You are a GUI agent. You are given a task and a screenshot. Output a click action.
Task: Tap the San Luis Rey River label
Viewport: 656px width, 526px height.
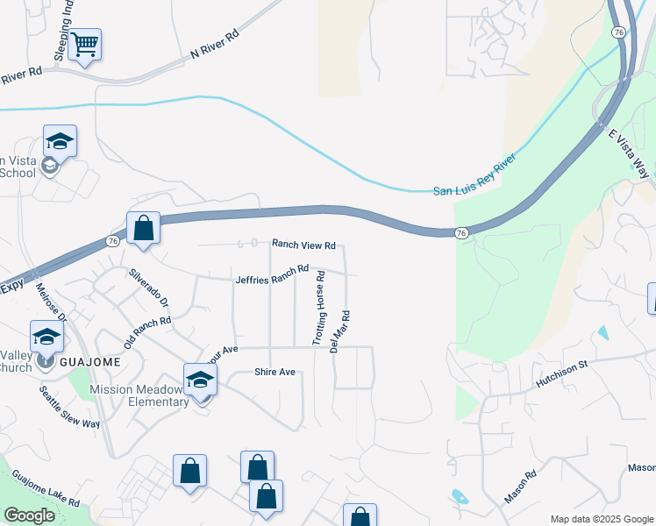[474, 177]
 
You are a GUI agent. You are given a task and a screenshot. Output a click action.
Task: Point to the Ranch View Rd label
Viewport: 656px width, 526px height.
[303, 245]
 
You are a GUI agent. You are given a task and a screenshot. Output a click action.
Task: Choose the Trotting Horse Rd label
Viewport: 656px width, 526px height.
[320, 307]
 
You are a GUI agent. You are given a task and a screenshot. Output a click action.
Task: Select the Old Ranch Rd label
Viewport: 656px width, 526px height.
[147, 333]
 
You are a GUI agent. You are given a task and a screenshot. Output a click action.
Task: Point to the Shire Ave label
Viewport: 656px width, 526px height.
[275, 372]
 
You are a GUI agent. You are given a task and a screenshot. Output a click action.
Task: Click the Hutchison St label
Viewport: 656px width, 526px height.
[572, 375]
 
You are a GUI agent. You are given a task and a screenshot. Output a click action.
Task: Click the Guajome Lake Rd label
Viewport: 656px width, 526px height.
[46, 489]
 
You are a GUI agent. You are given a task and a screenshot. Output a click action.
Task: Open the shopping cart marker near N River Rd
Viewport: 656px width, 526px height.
[84, 44]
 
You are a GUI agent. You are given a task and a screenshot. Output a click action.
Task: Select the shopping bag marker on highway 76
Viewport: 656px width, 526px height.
[143, 228]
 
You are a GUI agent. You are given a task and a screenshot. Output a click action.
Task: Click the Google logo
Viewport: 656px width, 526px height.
[28, 515]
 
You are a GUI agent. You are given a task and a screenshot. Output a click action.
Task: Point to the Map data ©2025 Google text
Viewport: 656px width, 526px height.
[602, 519]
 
